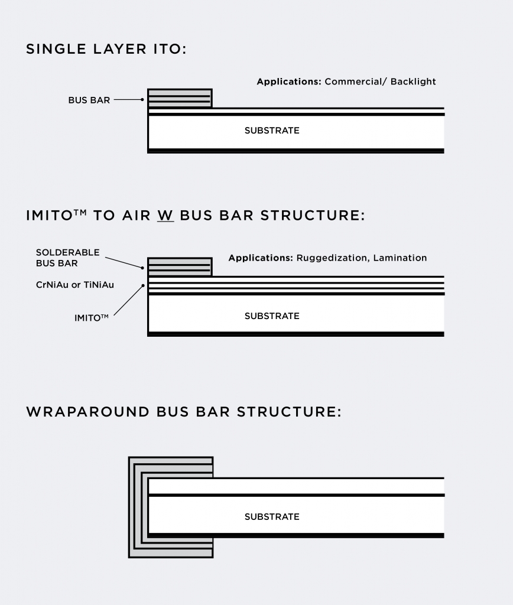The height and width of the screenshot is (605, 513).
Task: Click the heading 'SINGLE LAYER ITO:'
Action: coord(106,49)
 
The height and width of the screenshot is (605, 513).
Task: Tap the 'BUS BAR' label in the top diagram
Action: coord(89,100)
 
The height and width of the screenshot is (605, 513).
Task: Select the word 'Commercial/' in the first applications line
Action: coord(354,82)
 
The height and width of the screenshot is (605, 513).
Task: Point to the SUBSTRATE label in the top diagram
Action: coord(272,131)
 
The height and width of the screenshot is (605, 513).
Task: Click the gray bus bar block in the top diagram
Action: coord(180,98)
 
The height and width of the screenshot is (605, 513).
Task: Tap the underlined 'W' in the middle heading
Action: coord(165,215)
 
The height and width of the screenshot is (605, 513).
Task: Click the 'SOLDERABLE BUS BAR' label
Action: coord(67,258)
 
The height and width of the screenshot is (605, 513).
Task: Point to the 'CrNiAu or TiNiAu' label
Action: coord(75,285)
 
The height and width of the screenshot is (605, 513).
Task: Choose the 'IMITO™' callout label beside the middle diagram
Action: coord(91,318)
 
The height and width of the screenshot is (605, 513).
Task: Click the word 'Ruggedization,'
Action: coord(333,258)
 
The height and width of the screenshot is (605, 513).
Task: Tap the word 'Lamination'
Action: coord(400,258)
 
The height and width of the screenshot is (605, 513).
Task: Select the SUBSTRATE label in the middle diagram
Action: coord(272,316)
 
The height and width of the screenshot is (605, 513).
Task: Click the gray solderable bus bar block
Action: coord(180,267)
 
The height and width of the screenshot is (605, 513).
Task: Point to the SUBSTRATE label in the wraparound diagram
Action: coord(272,517)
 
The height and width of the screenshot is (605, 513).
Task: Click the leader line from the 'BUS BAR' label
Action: coord(127,100)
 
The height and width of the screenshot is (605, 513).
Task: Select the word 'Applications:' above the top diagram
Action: coord(288,82)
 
